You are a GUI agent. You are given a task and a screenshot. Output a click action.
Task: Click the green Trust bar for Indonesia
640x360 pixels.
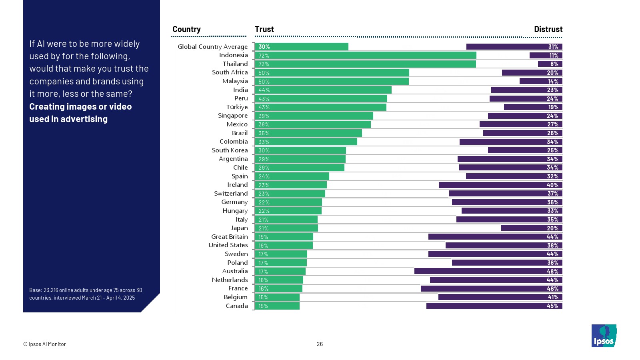[x=365, y=55]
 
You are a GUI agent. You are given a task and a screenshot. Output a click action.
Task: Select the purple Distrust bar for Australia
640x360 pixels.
[x=488, y=271]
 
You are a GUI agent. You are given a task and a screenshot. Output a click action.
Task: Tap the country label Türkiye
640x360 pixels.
[x=237, y=107]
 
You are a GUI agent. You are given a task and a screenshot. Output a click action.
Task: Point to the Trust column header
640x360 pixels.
[x=264, y=29]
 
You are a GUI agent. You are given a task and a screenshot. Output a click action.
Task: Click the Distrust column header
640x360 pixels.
[x=548, y=29]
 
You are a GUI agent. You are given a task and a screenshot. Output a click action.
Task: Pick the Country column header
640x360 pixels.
[x=186, y=29]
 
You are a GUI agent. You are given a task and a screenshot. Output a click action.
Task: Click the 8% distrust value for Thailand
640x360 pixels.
[x=554, y=64]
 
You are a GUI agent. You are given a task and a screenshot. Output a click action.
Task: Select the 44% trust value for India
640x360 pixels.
[x=264, y=90]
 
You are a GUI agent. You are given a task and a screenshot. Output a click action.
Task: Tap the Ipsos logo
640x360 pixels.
[x=604, y=336]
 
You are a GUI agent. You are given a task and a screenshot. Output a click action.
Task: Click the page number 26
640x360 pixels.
[x=320, y=344]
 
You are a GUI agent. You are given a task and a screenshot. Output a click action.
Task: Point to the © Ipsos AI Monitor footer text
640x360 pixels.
[x=44, y=344]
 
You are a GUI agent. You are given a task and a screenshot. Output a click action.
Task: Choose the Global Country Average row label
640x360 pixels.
[x=212, y=47]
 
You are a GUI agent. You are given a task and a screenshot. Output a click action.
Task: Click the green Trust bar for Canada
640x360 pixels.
[x=277, y=306]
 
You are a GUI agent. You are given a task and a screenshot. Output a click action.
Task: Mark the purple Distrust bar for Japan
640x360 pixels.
[x=532, y=228]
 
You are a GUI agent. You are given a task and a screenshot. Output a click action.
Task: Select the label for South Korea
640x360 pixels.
[x=230, y=150]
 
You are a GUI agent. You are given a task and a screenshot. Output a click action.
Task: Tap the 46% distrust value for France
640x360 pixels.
[x=552, y=289]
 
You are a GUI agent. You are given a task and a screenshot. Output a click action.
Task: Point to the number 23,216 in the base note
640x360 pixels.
[x=51, y=290]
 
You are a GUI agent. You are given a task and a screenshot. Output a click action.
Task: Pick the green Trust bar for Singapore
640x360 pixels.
[x=314, y=116]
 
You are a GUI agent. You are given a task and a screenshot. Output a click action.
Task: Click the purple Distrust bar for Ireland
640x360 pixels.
[x=500, y=185]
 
